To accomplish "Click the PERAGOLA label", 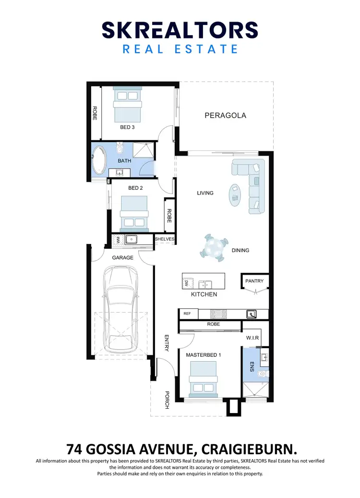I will click(225, 115).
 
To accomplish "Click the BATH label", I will click(124, 161).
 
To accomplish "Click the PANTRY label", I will click(254, 281).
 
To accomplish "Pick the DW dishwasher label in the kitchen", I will click(186, 284).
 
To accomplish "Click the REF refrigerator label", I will click(187, 314).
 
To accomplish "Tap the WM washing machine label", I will click(116, 239).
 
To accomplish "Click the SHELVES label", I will click(165, 239).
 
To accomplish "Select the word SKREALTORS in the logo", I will click(180, 30).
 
